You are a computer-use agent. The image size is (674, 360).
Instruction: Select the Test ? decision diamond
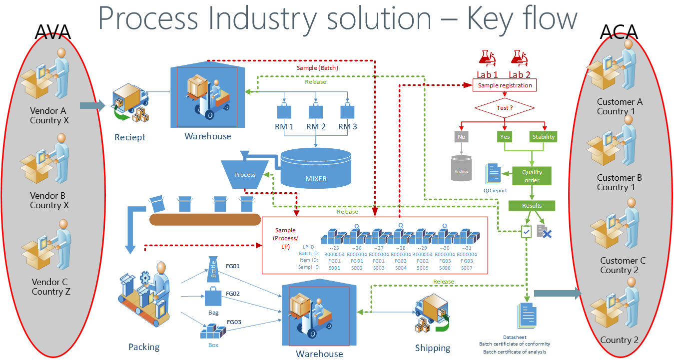click(x=505, y=108)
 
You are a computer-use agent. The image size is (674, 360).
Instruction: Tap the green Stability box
click(x=543, y=136)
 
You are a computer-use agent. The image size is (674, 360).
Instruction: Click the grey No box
click(x=461, y=136)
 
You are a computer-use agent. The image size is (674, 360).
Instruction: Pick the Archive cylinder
click(x=461, y=168)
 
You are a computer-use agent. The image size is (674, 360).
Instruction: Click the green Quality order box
click(x=532, y=176)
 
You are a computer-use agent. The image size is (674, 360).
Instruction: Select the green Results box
click(x=532, y=205)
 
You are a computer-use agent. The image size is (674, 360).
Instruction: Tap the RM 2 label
click(x=316, y=127)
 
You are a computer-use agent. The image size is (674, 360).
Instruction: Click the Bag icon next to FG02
click(x=212, y=297)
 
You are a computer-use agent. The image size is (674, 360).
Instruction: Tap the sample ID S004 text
click(x=400, y=268)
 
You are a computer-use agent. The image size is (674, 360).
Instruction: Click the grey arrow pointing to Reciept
click(x=92, y=105)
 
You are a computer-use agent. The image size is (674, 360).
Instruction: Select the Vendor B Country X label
click(x=49, y=200)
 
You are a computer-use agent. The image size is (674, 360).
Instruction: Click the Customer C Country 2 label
click(x=623, y=265)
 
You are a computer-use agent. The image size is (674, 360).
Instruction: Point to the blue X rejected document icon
click(x=544, y=231)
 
